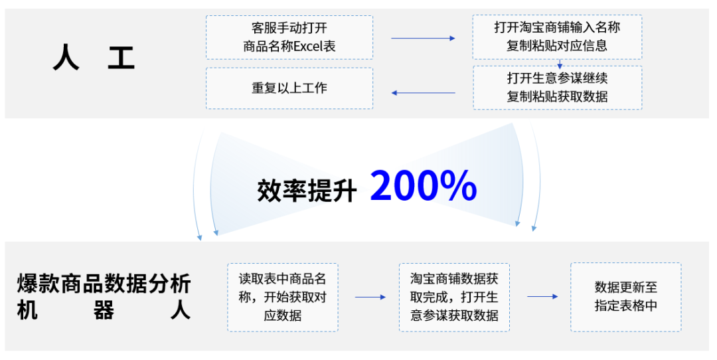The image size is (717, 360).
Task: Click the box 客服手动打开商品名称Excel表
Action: (x=289, y=37)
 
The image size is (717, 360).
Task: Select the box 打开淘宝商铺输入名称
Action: (x=557, y=37)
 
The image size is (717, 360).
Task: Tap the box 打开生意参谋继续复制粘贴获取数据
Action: (x=557, y=87)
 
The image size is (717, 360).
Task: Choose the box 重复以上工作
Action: (x=289, y=87)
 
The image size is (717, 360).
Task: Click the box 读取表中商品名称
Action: (x=282, y=297)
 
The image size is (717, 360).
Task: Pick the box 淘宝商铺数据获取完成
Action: (x=454, y=297)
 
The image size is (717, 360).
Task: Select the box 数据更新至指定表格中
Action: (x=625, y=297)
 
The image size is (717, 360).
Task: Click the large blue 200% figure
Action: (x=424, y=186)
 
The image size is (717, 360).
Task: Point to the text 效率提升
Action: (x=307, y=190)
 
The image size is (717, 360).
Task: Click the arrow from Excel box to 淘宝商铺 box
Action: (x=423, y=38)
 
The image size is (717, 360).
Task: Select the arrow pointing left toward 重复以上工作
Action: (x=423, y=92)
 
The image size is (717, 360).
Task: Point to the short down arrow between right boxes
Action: (x=560, y=64)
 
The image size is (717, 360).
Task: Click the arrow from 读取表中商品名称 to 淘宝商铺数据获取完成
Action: (x=370, y=297)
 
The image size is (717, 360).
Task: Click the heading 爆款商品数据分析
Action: (x=104, y=284)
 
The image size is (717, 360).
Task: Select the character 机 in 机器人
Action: (x=27, y=311)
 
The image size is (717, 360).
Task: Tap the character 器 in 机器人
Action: (x=104, y=311)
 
